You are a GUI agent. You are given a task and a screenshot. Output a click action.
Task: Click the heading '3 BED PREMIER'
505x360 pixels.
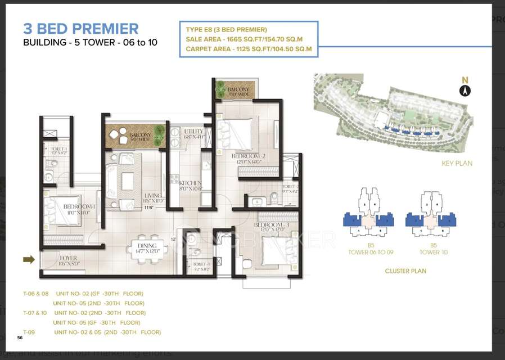80,29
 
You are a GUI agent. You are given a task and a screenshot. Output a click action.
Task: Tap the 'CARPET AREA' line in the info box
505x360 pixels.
249,49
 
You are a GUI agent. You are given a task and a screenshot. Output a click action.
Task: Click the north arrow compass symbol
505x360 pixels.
465,90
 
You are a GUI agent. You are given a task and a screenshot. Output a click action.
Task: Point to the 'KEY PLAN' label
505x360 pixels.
457,164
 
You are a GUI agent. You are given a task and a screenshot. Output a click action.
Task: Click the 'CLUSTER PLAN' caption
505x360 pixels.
405,271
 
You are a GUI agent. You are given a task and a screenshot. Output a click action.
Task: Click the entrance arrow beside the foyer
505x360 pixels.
29,259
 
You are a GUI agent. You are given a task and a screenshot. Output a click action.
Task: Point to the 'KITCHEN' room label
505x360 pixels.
190,186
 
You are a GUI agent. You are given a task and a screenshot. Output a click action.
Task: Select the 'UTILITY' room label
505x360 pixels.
194,134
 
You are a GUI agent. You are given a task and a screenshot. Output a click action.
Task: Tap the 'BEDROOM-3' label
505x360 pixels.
271,227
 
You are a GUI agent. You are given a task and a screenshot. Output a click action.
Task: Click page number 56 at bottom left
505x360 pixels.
20,337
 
